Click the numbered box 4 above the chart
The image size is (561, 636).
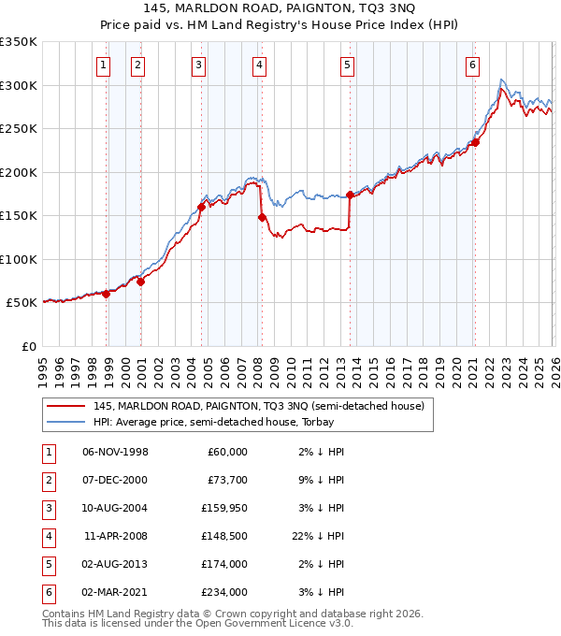258,65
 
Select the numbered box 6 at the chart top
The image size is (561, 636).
473,65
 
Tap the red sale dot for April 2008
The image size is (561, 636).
262,217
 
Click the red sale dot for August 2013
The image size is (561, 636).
350,195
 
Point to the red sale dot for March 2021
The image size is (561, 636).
475,142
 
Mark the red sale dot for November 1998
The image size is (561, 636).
106,294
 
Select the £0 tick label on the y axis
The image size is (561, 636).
28,346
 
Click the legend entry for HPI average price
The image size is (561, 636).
212,423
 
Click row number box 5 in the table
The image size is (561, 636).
48,564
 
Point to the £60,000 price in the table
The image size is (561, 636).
227,452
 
